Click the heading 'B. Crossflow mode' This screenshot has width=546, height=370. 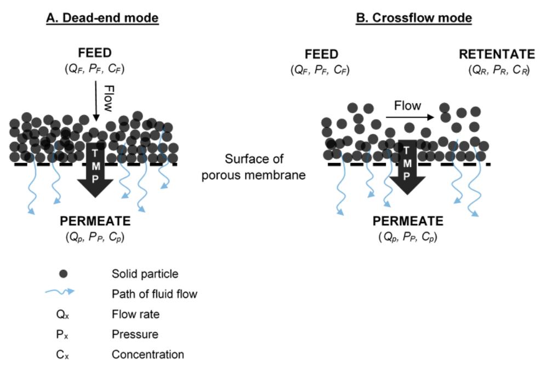point(414,18)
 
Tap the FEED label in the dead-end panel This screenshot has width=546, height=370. point(95,53)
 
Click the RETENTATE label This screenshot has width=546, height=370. point(497,54)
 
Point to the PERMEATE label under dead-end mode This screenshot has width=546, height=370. point(95,222)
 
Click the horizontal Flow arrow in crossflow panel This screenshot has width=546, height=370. point(409,117)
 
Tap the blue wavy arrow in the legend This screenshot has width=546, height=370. point(60,293)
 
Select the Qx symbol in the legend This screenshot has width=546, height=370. point(63,315)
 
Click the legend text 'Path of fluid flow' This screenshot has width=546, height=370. point(154,294)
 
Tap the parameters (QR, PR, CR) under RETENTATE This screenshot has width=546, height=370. point(498,70)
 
